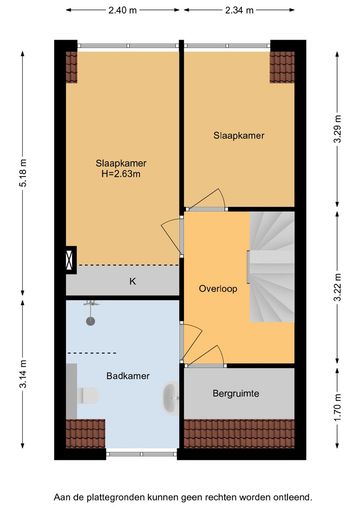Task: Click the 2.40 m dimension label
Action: click(x=123, y=10)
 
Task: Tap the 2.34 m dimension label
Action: click(x=239, y=10)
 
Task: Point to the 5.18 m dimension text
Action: click(x=23, y=173)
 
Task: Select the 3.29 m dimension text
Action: click(x=338, y=129)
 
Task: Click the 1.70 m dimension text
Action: click(x=338, y=408)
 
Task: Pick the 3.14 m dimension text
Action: click(x=23, y=374)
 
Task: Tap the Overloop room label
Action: click(x=218, y=289)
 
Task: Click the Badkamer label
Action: click(x=128, y=376)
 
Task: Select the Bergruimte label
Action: click(x=236, y=394)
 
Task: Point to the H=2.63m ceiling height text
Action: click(x=121, y=174)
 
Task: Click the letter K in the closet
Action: click(x=133, y=282)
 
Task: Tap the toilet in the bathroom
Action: click(x=89, y=396)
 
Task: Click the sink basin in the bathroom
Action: click(x=170, y=398)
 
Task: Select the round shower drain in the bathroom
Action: click(x=91, y=321)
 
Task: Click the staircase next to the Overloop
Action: click(x=272, y=267)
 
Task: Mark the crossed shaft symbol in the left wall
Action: click(x=70, y=260)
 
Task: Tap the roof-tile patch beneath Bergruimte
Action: click(x=239, y=434)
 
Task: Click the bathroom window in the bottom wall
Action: click(x=141, y=454)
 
